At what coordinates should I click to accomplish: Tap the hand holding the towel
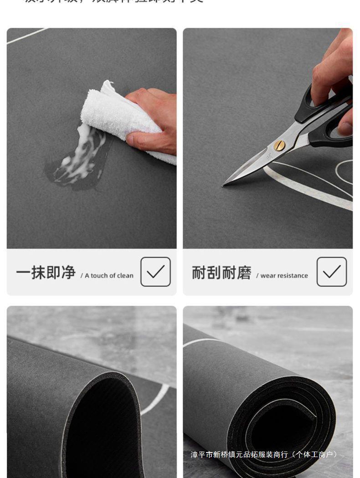coord(153,121)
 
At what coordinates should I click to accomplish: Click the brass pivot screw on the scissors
coord(279,145)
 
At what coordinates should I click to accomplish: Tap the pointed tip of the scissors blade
coord(224,185)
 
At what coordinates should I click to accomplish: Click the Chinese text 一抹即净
coord(46,272)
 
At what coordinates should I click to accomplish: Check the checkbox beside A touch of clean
coord(155,272)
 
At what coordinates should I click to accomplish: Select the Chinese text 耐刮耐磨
coord(221,272)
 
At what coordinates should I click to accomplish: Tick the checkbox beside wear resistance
coord(331,272)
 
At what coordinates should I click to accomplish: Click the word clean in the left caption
coord(125,276)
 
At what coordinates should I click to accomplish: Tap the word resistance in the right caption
coord(293,276)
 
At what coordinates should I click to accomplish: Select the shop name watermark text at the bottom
coord(264,454)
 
